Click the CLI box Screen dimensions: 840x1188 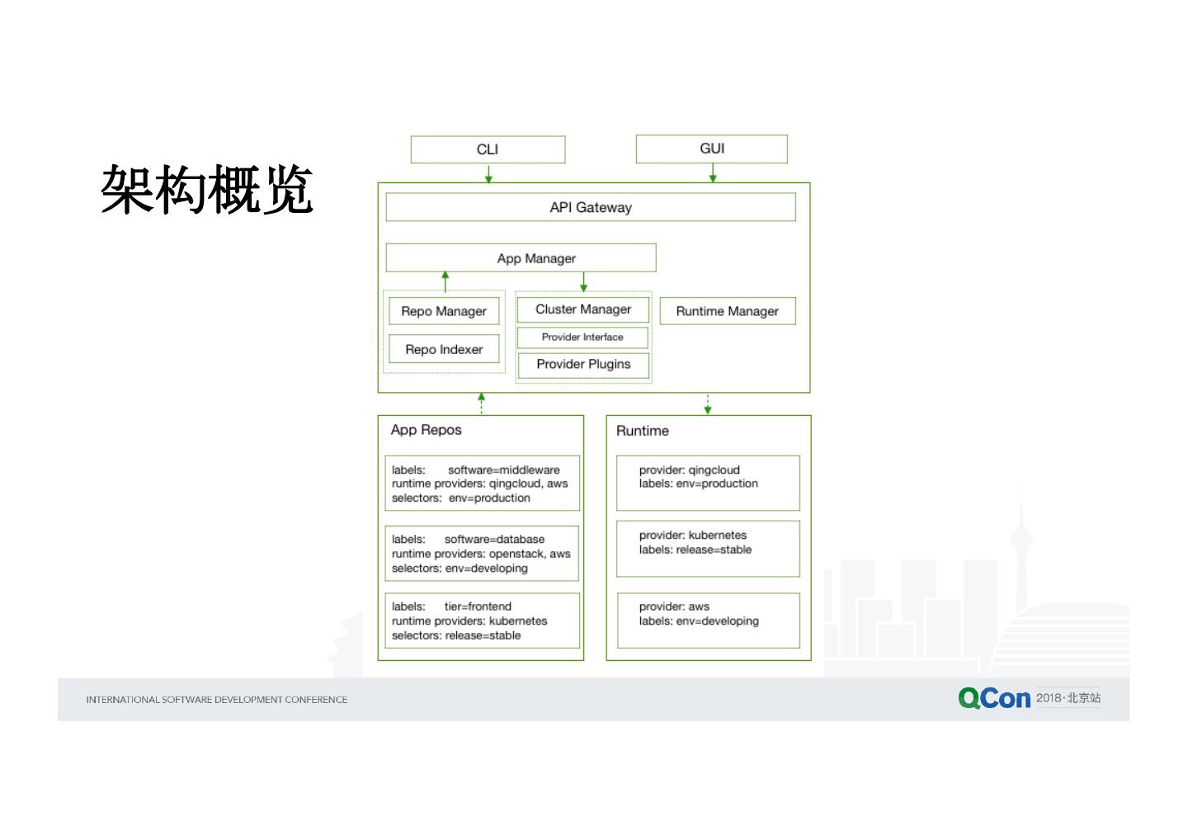pyautogui.click(x=488, y=149)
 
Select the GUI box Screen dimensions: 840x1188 pyautogui.click(x=711, y=149)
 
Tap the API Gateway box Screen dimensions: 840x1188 pyautogui.click(x=591, y=207)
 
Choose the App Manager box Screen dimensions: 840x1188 pyautogui.click(x=521, y=258)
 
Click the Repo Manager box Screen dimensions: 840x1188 pyautogui.click(x=444, y=311)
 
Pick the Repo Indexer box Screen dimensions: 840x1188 pyautogui.click(x=444, y=349)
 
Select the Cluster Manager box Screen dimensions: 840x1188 pyautogui.click(x=582, y=309)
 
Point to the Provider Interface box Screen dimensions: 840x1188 pyautogui.click(x=582, y=337)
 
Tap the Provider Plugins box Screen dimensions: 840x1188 pyautogui.click(x=582, y=364)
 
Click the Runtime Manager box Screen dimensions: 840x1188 pyautogui.click(x=727, y=311)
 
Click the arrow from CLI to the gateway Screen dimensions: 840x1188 pyautogui.click(x=488, y=173)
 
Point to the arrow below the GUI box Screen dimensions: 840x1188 pyautogui.click(x=713, y=173)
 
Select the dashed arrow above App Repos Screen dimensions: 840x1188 pyautogui.click(x=482, y=403)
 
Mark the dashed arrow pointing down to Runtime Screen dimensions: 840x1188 pyautogui.click(x=708, y=403)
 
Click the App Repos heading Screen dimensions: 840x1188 pyautogui.click(x=426, y=430)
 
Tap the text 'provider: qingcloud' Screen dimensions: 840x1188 pyautogui.click(x=689, y=470)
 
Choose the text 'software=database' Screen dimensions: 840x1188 pyautogui.click(x=494, y=540)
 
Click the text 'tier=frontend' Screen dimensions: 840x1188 pyautogui.click(x=478, y=606)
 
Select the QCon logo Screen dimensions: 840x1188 pyautogui.click(x=994, y=698)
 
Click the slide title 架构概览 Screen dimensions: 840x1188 pyautogui.click(x=207, y=190)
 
